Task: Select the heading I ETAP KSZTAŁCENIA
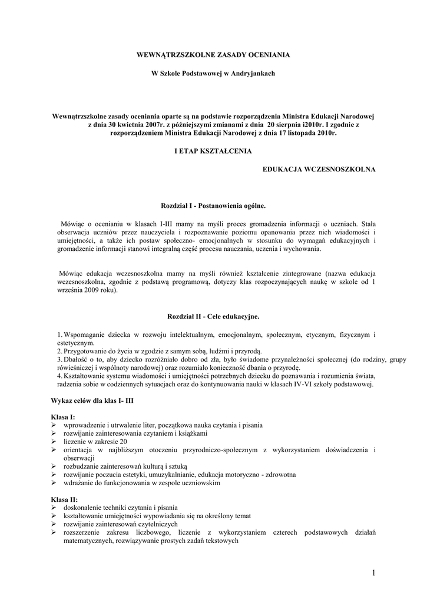point(213,151)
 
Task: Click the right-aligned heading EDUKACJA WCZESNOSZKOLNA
point(319,169)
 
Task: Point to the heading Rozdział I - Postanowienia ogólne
point(213,206)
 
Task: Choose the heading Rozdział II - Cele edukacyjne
point(213,317)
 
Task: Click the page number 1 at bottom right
point(373,573)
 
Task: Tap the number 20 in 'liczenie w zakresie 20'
point(123,441)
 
